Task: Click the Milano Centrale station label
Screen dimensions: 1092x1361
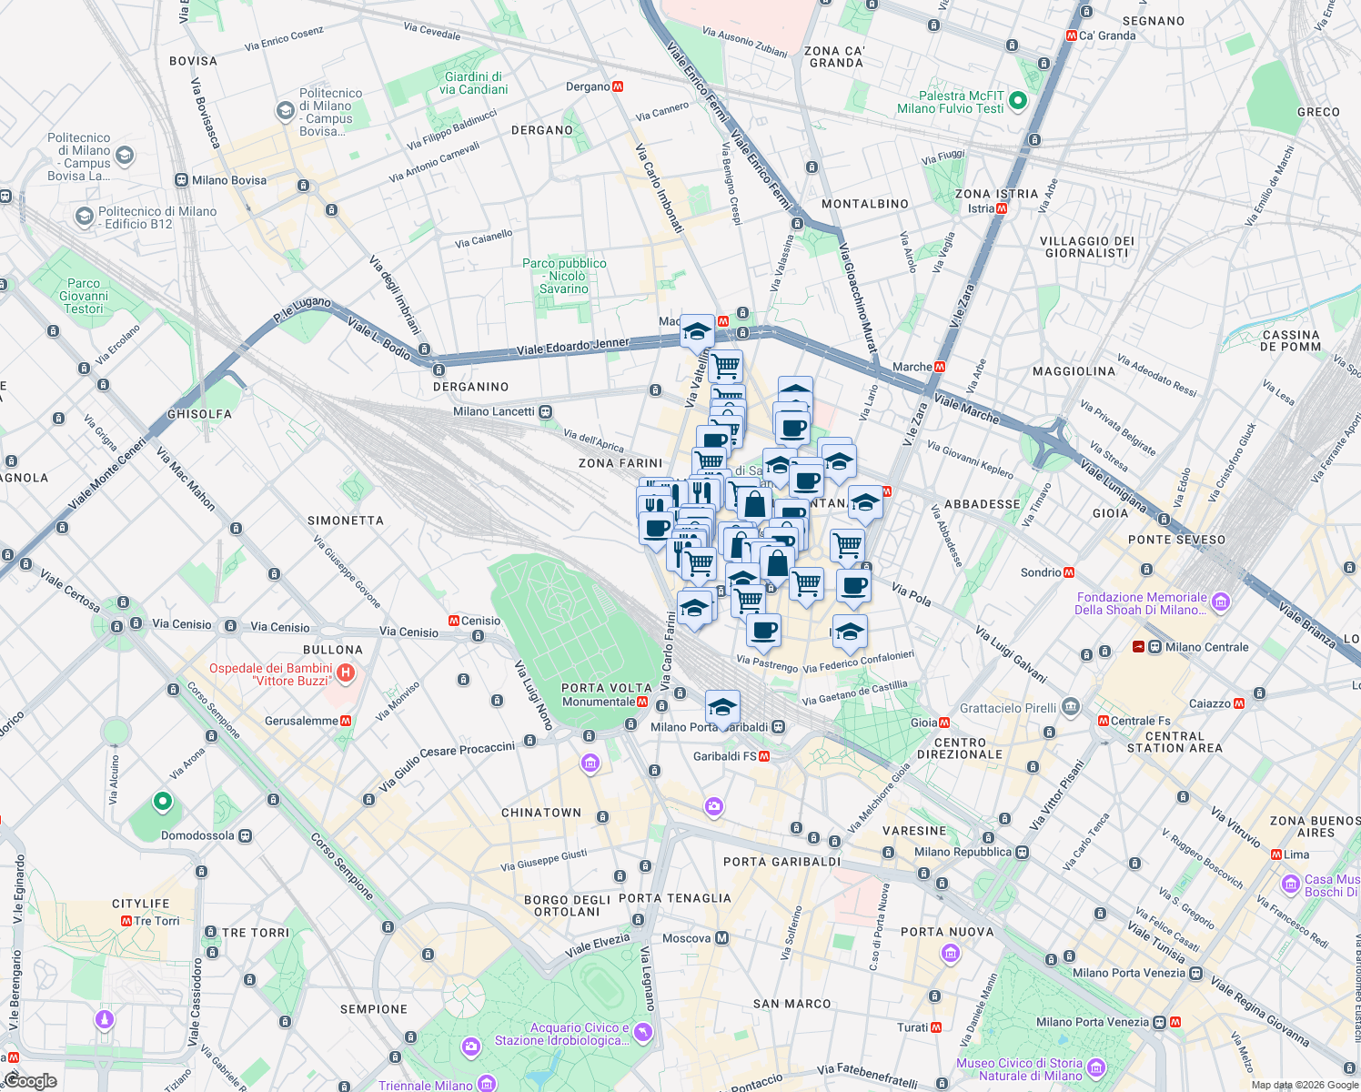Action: coord(1206,647)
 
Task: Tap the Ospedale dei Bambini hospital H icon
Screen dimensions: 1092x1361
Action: coord(345,673)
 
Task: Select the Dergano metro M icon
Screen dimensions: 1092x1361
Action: coord(619,86)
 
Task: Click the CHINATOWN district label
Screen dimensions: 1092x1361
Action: coord(541,813)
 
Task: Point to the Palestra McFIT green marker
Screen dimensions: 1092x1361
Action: coord(1018,101)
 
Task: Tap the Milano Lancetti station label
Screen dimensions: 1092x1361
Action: coord(494,411)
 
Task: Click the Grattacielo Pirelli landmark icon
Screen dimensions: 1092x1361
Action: coord(1071,707)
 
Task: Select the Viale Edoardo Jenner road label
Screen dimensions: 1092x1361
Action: coord(572,347)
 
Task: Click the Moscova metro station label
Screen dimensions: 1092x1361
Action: coord(687,938)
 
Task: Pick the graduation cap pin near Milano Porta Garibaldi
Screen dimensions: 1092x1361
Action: coord(722,707)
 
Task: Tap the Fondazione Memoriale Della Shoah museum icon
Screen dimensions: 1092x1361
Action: coord(1221,602)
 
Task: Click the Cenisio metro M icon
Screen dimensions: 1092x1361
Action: coord(453,621)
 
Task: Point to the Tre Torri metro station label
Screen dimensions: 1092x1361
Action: coord(156,921)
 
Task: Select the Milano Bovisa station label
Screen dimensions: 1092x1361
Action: coord(229,180)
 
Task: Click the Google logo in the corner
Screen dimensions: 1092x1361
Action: coord(30,1080)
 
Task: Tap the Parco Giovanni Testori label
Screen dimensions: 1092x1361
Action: coord(84,296)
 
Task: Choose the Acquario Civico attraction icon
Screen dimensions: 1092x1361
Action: coord(643,1032)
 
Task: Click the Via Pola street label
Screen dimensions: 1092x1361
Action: coord(911,595)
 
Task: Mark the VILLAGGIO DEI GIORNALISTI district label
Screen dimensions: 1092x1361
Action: coord(1086,248)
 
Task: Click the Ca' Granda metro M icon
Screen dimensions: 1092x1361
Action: coord(1071,35)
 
